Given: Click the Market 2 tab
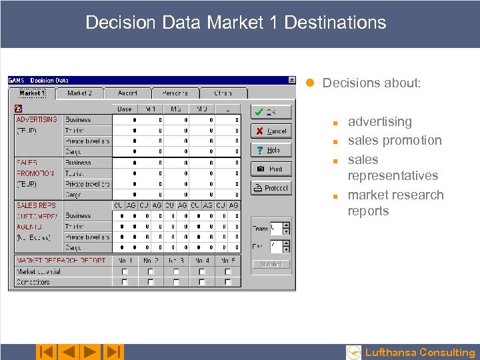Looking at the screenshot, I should [79, 93].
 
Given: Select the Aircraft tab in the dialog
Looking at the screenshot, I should [127, 93].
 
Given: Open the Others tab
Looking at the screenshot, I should [224, 93].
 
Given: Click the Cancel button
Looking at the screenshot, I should [271, 131].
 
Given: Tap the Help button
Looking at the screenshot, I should [271, 150].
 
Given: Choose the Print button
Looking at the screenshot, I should [271, 169].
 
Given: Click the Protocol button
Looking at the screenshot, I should [271, 188].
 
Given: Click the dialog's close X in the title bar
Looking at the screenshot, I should [291, 81].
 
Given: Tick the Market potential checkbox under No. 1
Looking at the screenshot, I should [125, 272].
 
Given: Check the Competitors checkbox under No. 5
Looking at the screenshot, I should [228, 282].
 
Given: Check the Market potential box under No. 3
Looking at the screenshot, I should [176, 272].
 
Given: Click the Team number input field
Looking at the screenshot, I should [276, 228].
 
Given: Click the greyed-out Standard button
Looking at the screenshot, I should [271, 264].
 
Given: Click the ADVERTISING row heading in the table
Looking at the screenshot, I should [37, 119].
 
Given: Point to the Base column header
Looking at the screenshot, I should [125, 109].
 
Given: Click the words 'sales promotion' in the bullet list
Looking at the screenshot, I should [395, 141].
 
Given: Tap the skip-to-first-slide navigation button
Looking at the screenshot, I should [45, 352].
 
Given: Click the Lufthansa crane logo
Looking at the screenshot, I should [354, 352].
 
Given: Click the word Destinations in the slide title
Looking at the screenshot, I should [335, 22].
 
